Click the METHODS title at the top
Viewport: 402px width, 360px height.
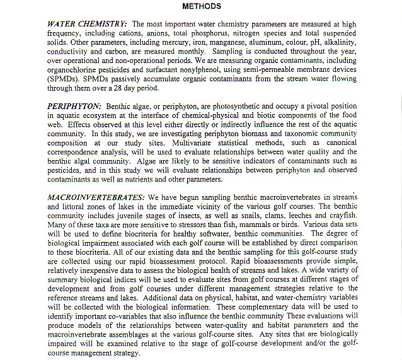click(202, 6)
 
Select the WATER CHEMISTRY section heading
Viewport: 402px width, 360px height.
click(86, 24)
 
